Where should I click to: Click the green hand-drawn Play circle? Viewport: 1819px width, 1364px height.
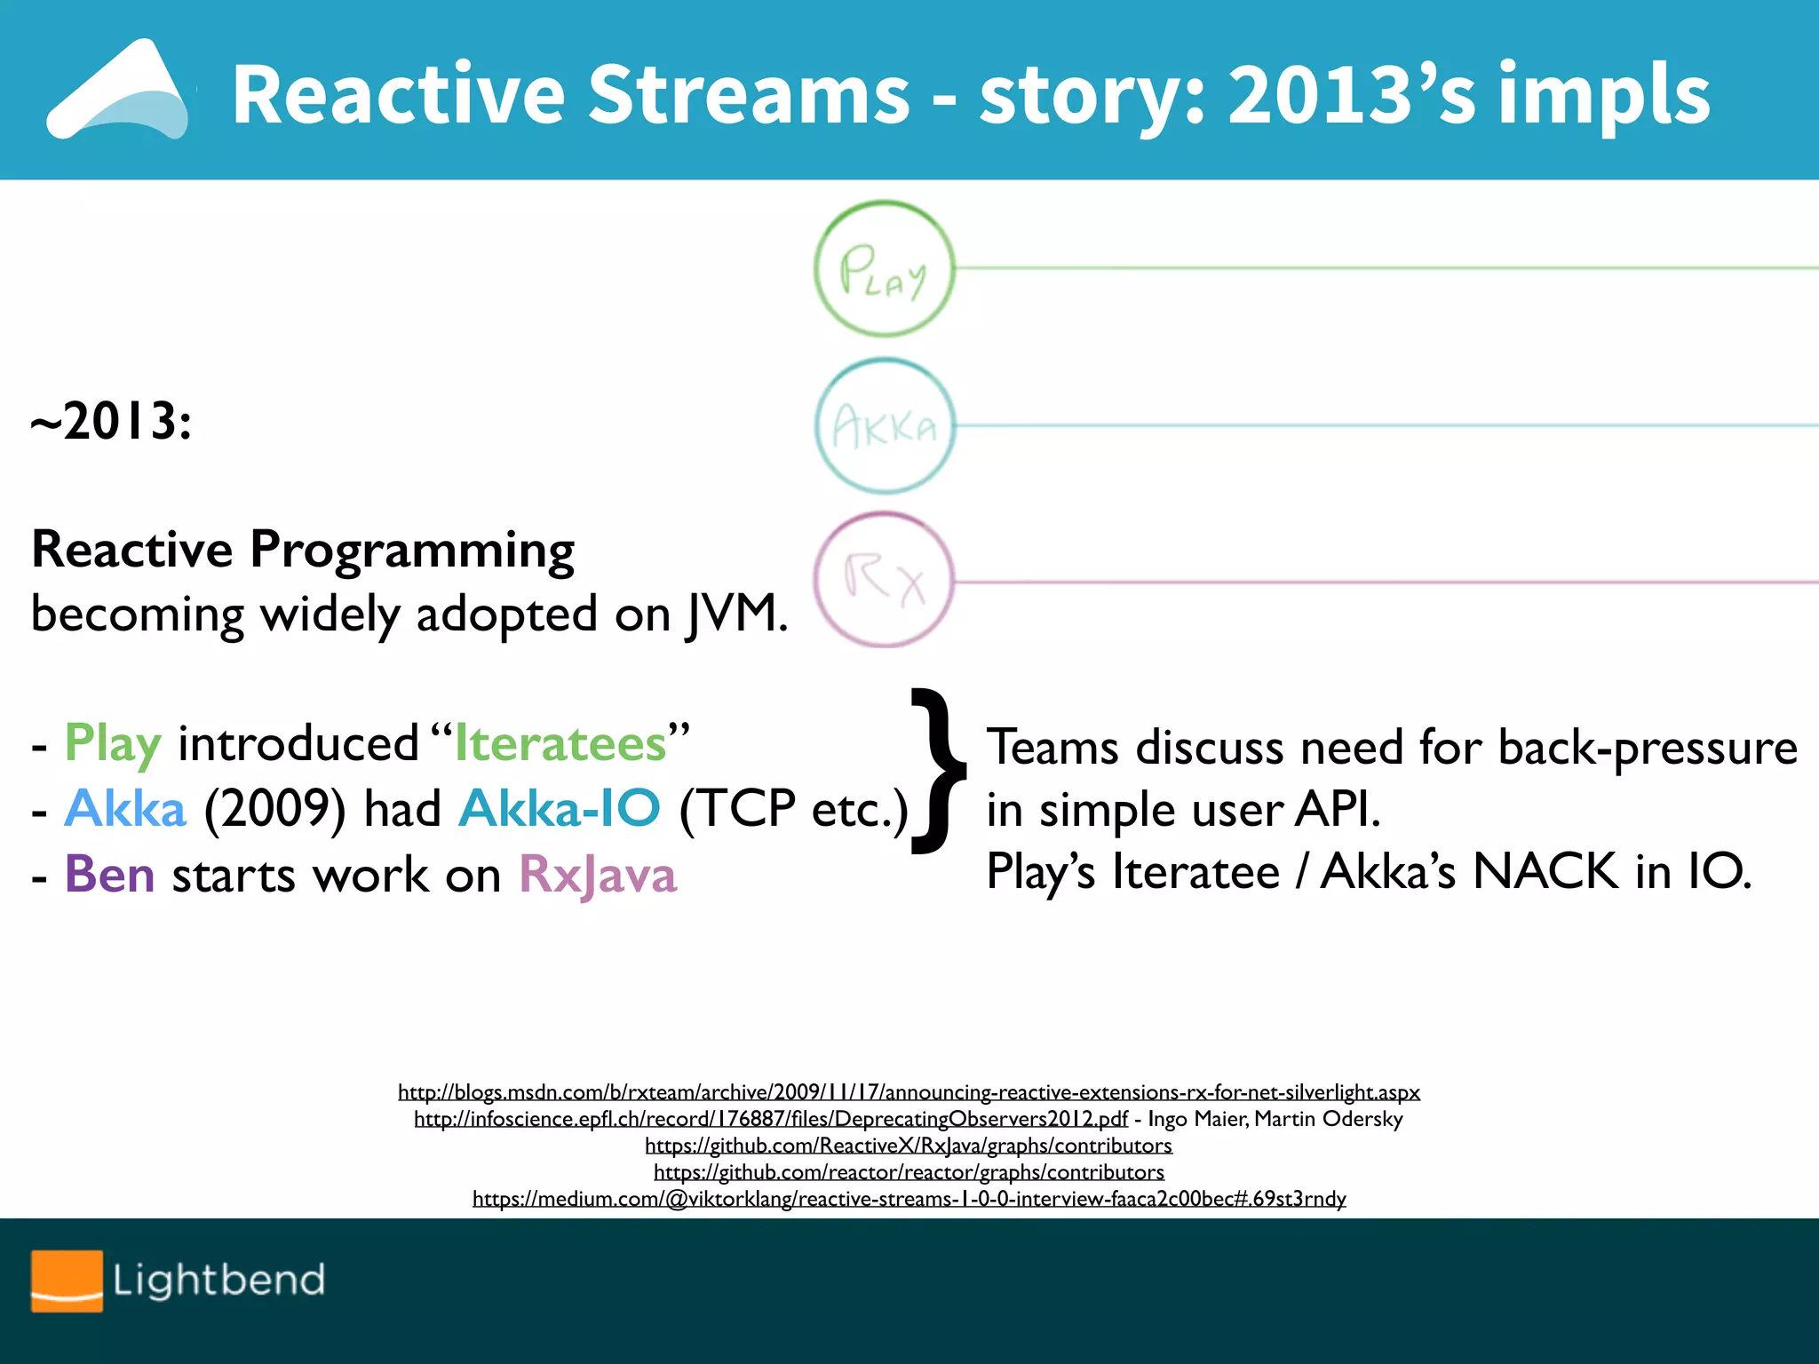tap(884, 268)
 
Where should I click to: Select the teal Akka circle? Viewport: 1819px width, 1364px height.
tap(884, 426)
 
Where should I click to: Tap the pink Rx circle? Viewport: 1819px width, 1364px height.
tap(884, 581)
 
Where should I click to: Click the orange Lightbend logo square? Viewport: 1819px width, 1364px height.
tap(67, 1280)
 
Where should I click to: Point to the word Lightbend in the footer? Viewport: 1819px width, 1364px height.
tap(218, 1280)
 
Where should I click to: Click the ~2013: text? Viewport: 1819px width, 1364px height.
tap(111, 421)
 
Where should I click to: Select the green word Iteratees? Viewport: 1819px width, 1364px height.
tap(560, 743)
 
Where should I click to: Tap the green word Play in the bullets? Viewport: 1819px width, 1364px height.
tap(113, 743)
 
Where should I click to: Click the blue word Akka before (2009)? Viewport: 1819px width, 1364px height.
tap(125, 808)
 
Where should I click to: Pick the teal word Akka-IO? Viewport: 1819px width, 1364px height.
tap(560, 808)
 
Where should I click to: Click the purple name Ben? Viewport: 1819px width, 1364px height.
tap(109, 874)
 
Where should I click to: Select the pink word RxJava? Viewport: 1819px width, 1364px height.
tap(597, 874)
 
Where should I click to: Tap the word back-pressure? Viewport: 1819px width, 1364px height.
tap(1648, 747)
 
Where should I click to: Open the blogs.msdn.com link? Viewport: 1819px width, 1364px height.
tap(909, 1091)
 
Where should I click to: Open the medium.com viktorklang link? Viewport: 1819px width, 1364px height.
tap(909, 1199)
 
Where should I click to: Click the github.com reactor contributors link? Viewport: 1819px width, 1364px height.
tap(909, 1172)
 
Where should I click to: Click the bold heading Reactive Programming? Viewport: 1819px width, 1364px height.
tap(303, 549)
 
